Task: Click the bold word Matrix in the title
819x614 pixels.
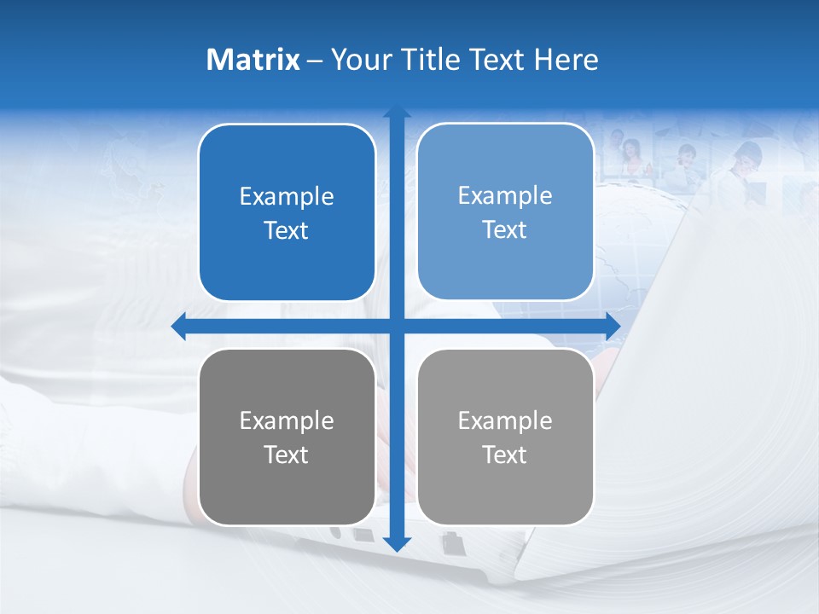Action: click(253, 60)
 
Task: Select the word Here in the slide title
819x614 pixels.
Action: click(566, 60)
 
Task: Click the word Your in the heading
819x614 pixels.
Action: click(358, 60)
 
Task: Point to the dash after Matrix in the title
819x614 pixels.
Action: click(315, 61)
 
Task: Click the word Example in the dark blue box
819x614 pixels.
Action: click(287, 196)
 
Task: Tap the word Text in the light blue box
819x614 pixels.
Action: click(505, 229)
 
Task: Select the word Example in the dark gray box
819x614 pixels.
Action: click(287, 420)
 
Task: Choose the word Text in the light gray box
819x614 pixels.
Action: click(505, 455)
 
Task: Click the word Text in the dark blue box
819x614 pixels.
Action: click(287, 230)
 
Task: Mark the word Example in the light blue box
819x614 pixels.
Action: click(505, 195)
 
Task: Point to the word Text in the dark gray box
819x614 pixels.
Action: click(287, 455)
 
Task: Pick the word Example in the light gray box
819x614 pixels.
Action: click(505, 420)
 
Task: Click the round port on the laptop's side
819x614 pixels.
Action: click(336, 533)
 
